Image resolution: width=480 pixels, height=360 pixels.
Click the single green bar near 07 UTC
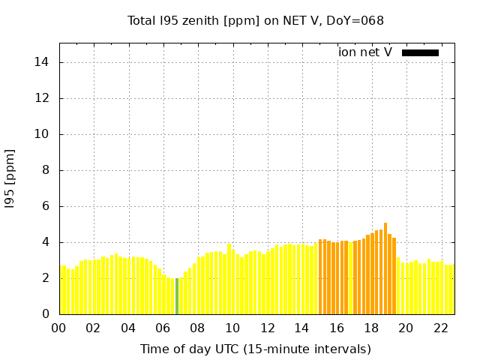click(177, 296)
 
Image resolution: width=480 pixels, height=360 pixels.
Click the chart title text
click(256, 20)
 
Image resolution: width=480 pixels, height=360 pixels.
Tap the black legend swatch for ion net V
click(420, 52)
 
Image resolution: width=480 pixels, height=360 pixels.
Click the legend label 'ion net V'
click(365, 52)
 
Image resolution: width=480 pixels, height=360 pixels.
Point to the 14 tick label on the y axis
click(42, 62)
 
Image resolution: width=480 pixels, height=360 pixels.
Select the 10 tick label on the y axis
click(42, 134)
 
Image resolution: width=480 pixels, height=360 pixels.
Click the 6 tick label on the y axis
click(45, 206)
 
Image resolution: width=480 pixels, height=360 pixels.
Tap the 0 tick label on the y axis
click(45, 314)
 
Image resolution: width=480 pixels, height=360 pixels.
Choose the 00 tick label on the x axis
click(58, 328)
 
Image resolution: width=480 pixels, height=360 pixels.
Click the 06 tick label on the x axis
click(163, 328)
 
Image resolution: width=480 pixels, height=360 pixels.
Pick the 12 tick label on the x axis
click(267, 328)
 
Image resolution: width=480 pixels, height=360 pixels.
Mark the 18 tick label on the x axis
click(371, 328)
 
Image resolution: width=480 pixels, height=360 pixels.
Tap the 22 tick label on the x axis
click(441, 328)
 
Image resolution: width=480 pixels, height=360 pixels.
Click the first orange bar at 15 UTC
click(320, 277)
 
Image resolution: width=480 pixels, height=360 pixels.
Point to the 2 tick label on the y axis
click(45, 278)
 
